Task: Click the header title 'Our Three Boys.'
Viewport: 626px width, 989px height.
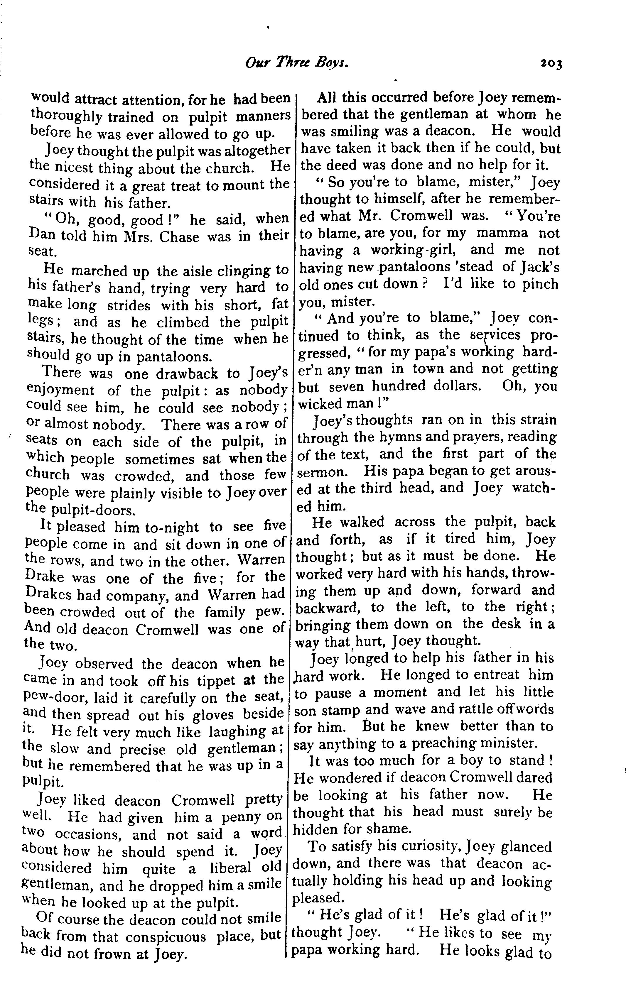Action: click(x=297, y=62)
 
